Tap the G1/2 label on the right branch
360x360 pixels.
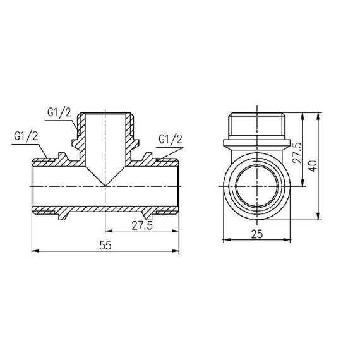[x=170, y=138]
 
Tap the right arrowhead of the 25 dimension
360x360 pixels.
[x=289, y=240]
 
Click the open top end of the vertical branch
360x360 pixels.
[x=105, y=114]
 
